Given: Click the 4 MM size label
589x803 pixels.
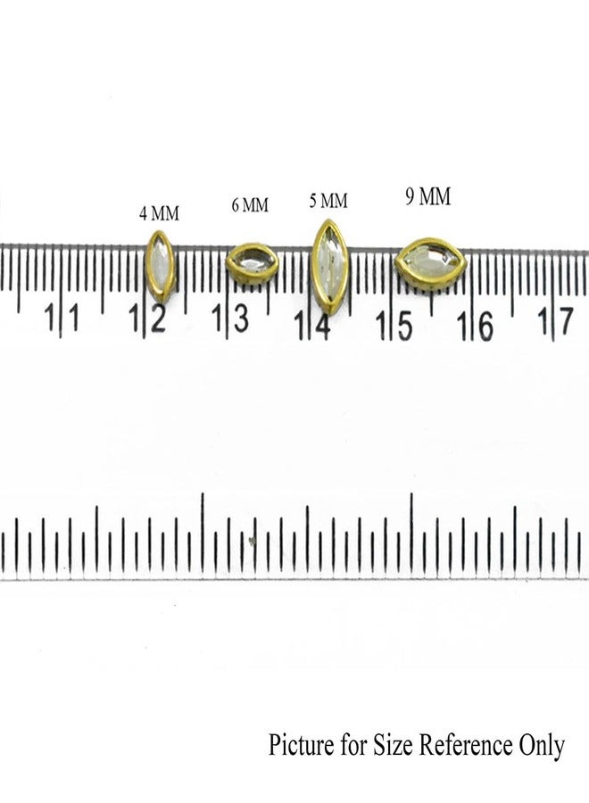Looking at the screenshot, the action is click(159, 213).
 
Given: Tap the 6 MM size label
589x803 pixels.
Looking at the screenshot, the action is click(250, 205).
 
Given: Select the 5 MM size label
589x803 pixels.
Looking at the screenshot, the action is click(328, 201).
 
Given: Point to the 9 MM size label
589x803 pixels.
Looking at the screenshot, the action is click(428, 196).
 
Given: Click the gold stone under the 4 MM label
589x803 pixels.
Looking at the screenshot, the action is click(160, 266).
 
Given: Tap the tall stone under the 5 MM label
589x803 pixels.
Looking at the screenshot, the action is click(330, 266).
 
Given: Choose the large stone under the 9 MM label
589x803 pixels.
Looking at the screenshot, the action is click(430, 264).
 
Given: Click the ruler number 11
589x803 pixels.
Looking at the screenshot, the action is click(62, 317).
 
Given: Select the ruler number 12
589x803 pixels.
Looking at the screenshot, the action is click(147, 318).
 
